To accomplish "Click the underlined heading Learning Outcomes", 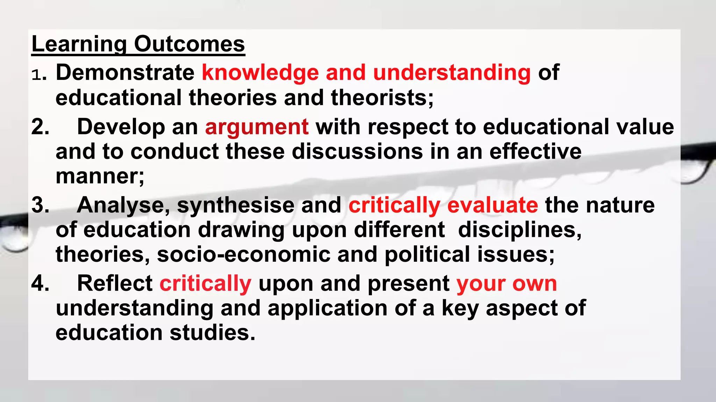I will (138, 44).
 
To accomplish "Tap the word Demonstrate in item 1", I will (125, 73).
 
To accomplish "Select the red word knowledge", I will (260, 73).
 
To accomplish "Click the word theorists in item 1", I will (382, 97).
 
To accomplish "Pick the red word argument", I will (257, 127).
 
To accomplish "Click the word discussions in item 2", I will (357, 151).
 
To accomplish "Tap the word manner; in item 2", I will (100, 176).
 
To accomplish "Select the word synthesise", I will (236, 205).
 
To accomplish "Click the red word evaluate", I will (492, 205).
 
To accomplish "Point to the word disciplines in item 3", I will (520, 230).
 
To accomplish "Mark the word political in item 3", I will (427, 254).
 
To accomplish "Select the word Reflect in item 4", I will (115, 283).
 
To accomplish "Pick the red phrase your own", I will (507, 283).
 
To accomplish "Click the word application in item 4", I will (327, 308).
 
